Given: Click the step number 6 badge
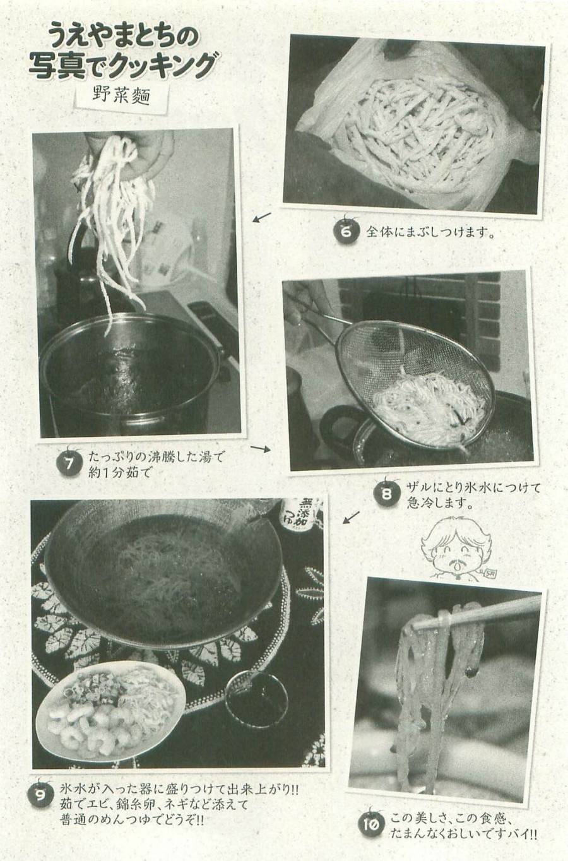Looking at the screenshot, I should pos(346,231).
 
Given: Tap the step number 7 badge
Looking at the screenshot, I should pos(69,464).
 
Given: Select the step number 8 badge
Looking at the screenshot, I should pos(386,494).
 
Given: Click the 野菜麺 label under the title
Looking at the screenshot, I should pos(119,95).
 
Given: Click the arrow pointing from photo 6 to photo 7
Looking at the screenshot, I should pos(261,218).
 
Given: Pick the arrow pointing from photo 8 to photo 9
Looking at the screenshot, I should pos(351,518).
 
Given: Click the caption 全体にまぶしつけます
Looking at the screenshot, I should pos(429,232).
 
